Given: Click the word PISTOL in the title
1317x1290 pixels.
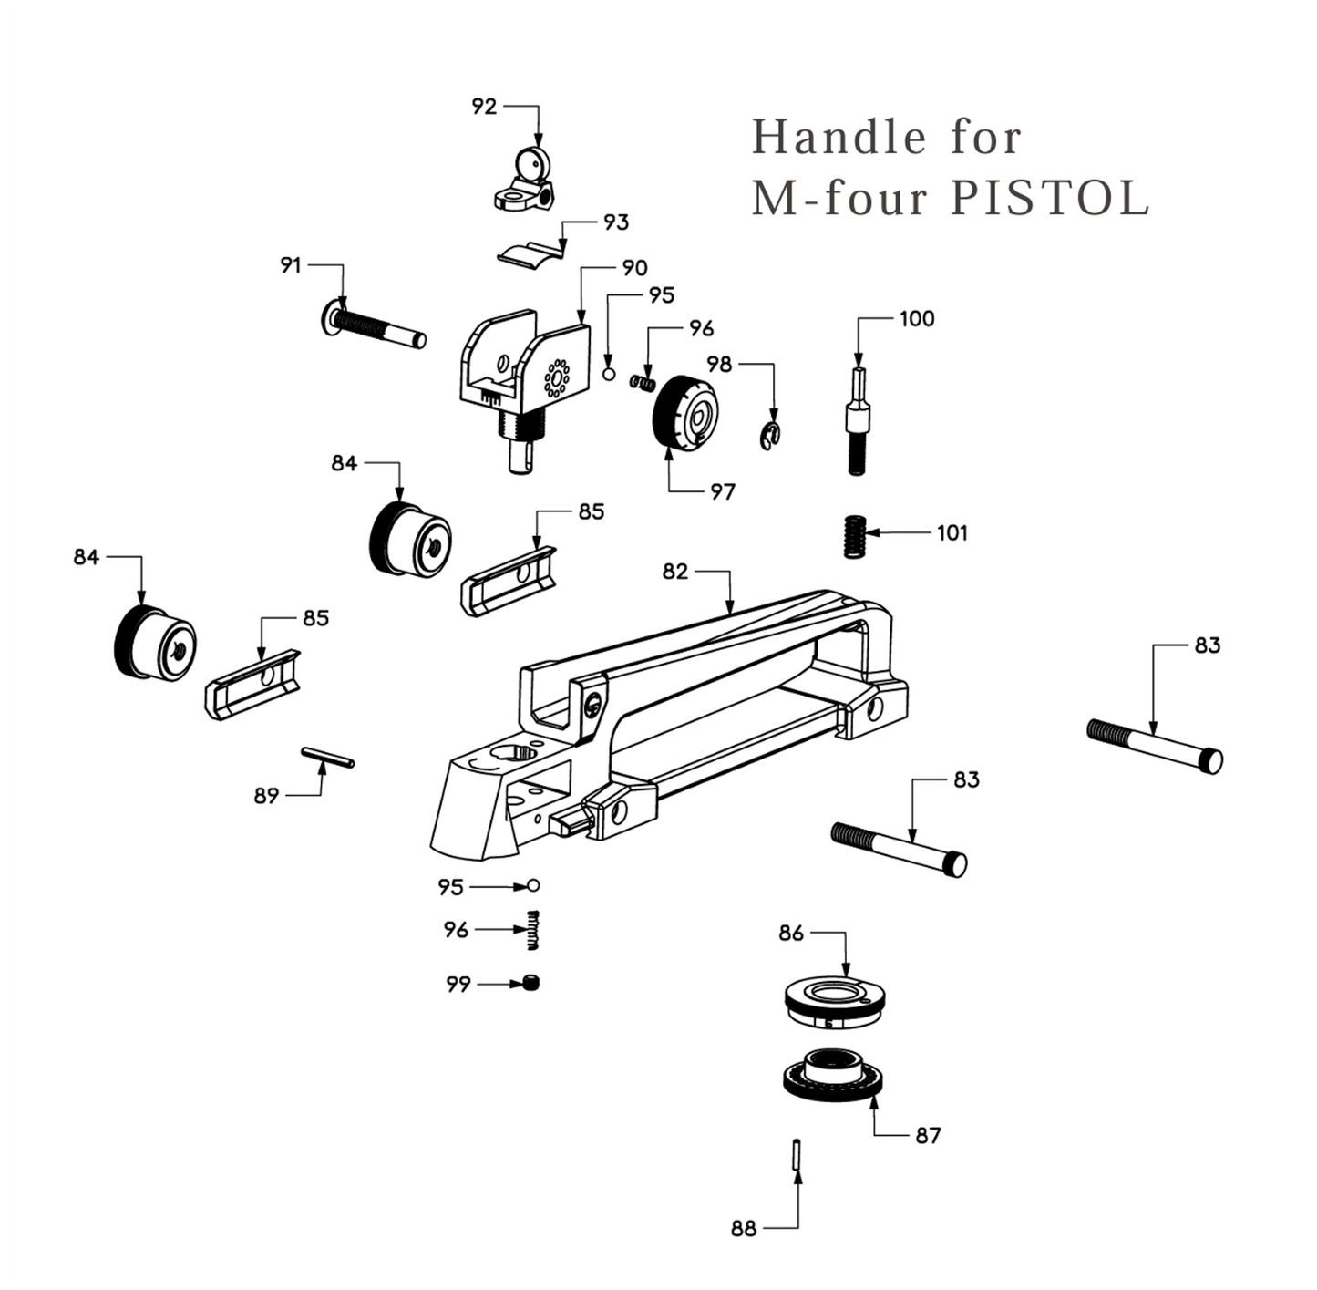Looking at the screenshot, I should pos(1050,198).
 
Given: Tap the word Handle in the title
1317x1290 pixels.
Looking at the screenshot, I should pos(839,138).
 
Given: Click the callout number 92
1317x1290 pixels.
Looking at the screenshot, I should pos(484,107).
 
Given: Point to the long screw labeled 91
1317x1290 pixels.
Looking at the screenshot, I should pos(374,327).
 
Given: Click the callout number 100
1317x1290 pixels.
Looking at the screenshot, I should pos(916,318).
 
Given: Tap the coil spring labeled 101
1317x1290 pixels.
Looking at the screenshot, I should pos(853,535).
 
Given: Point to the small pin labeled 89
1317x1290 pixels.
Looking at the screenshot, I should pos(327,757).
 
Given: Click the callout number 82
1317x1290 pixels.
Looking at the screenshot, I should pos(675,572).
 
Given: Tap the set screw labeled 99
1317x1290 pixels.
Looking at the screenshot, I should pos(532,983).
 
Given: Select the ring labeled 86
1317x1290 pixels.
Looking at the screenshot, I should pos(834,1000).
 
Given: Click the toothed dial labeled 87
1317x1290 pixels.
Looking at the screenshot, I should pos(832,1075).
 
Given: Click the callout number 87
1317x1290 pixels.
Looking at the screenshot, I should pos(927,1135).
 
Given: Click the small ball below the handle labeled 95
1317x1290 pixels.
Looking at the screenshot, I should pos(534,885).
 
